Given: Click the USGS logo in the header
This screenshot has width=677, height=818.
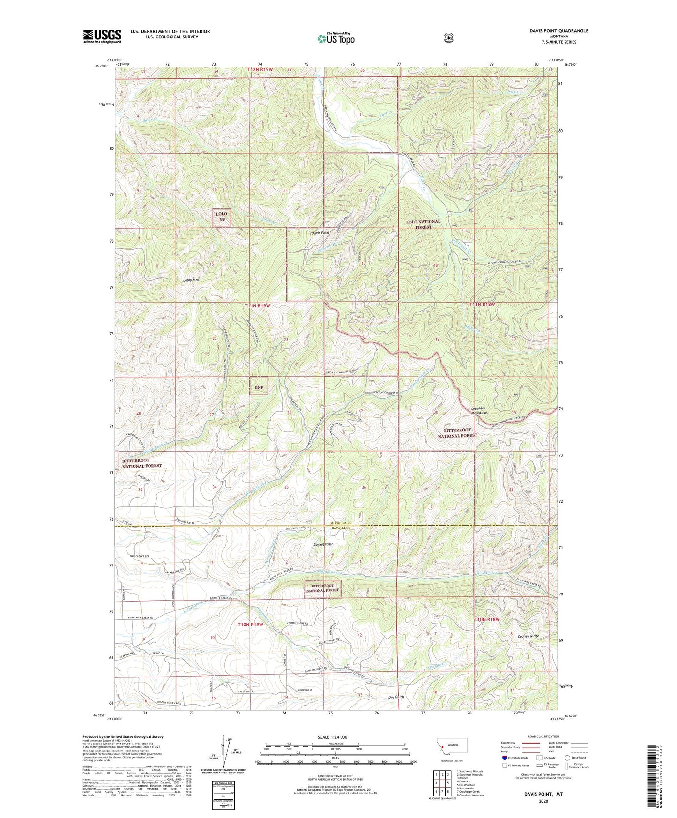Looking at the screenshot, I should click(x=102, y=36).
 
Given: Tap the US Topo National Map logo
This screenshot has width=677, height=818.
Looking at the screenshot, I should click(x=335, y=38).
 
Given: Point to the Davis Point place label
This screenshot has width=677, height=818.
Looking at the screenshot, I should click(x=320, y=233).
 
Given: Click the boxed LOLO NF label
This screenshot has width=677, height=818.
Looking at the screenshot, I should click(x=221, y=217).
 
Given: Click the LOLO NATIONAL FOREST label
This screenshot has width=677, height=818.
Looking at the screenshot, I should click(x=423, y=224).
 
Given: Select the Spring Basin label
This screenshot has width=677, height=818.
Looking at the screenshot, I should click(x=323, y=544).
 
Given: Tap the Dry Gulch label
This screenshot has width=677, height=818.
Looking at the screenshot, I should click(x=396, y=697).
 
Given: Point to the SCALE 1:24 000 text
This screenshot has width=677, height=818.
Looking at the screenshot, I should click(x=332, y=737).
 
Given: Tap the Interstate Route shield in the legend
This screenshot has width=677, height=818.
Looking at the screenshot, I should click(x=504, y=758).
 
